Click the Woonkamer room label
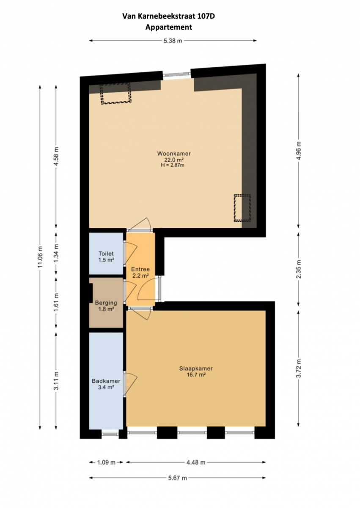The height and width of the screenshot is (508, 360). coord(174,154)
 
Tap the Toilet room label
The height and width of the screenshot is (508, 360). coord(106,254)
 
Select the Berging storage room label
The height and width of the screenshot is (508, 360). coord(106,303)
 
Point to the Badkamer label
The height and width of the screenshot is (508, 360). coord(106,381)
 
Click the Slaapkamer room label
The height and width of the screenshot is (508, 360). coord(196,369)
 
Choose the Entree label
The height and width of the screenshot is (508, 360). coord(140,269)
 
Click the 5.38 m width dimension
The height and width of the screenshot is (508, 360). coord(173,41)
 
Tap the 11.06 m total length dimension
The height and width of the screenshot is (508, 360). coord(40,257)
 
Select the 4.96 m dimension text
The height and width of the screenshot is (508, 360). coord(299,151)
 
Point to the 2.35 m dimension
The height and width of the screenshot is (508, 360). coord(299,269)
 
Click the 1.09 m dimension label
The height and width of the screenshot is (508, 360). coord(106,462)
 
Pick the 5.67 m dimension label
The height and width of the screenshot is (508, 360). coord(177,478)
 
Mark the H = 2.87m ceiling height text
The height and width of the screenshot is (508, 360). coord(173,166)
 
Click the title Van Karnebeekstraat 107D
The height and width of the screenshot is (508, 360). coord(168,16)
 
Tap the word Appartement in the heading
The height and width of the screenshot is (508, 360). coord(168,27)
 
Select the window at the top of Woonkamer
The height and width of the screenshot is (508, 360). coord(177,74)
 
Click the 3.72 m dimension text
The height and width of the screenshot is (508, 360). coord(299,369)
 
